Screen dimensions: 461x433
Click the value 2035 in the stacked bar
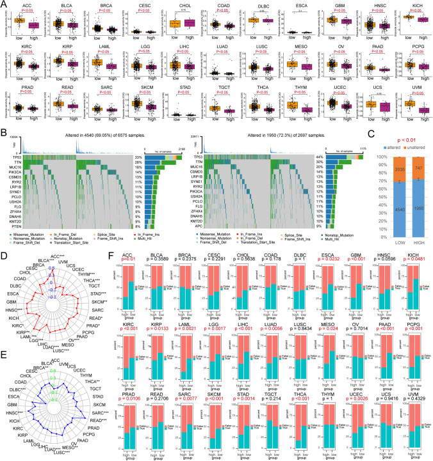pyautogui.click(x=380, y=170)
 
